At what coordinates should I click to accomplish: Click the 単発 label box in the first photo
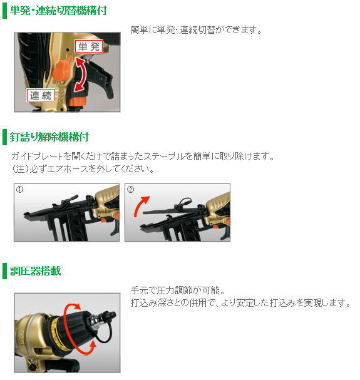pyautogui.click(x=88, y=46)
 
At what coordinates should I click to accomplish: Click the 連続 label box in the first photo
pyautogui.click(x=41, y=95)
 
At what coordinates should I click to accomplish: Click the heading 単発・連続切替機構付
pyautogui.click(x=58, y=10)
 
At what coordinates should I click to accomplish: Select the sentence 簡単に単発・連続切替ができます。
pyautogui.click(x=196, y=29)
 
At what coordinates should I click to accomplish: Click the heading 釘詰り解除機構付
pyautogui.click(x=49, y=136)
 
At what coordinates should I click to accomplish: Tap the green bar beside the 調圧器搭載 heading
pyautogui.click(x=6, y=271)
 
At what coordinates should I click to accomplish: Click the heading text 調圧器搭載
pyautogui.click(x=35, y=271)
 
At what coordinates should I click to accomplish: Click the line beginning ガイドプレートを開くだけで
pyautogui.click(x=143, y=156)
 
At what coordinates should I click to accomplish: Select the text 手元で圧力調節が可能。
pyautogui.click(x=177, y=290)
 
